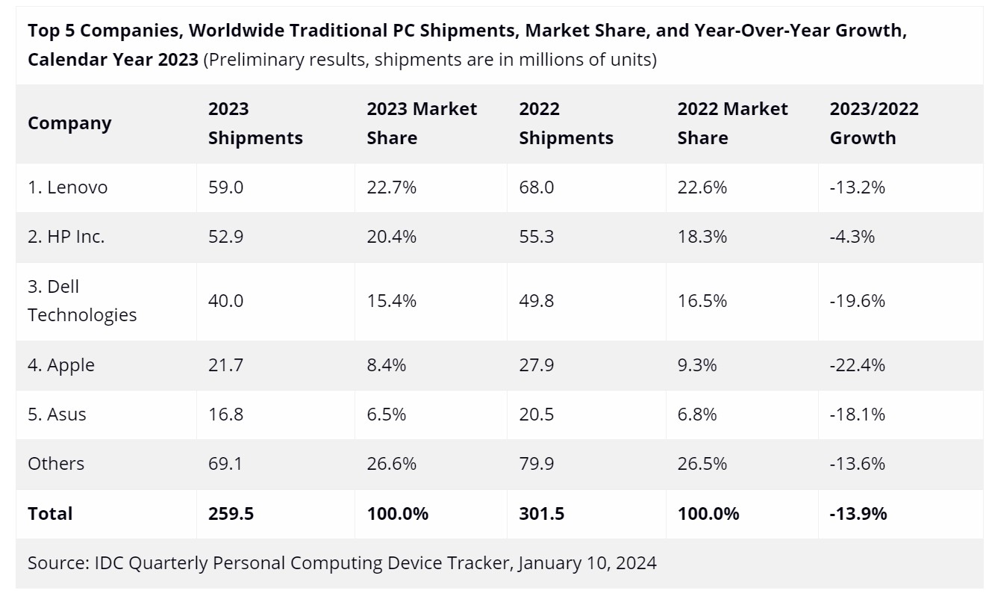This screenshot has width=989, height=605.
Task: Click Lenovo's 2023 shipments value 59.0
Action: point(225,187)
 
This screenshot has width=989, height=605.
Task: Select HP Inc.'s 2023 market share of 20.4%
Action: point(391,237)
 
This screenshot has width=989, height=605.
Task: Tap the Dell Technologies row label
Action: point(82,301)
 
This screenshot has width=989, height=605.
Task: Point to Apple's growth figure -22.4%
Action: point(858,365)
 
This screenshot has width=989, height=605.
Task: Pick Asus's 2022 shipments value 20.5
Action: point(536,414)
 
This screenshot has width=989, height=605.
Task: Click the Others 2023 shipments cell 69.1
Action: point(225,463)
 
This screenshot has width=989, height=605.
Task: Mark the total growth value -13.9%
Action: point(858,514)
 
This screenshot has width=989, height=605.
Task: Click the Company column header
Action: point(69,123)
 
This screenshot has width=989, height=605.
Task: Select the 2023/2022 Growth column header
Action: point(874,123)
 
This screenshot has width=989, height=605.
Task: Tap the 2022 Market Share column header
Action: point(732,123)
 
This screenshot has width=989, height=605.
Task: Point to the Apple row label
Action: point(61,365)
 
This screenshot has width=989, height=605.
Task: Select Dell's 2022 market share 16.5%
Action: point(702,301)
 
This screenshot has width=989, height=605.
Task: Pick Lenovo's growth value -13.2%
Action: point(858,187)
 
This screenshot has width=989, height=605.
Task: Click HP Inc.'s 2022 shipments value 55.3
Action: point(536,237)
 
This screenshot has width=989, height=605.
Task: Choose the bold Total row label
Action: point(50,514)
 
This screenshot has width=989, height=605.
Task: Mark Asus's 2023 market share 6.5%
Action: point(387,414)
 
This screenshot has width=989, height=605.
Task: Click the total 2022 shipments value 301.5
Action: point(541,514)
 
